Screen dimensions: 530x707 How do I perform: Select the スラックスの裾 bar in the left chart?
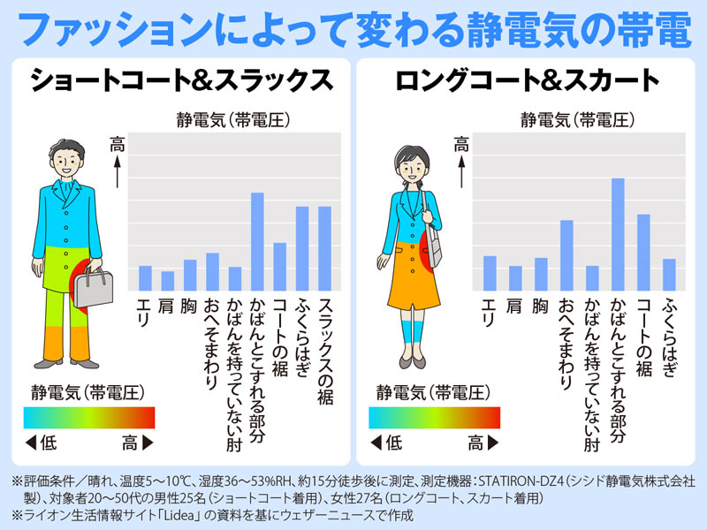(324, 248)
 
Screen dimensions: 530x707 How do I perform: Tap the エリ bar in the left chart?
(145, 278)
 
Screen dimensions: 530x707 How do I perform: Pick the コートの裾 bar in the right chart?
(643, 252)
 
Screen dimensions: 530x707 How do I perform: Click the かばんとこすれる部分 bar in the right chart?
(618, 234)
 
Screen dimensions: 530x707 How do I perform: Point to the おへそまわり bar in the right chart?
(567, 255)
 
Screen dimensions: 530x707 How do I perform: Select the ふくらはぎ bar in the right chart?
(669, 275)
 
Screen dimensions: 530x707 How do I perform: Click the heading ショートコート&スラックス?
(180, 81)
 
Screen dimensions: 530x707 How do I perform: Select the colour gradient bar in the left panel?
(89, 417)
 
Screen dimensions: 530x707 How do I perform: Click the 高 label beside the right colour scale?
(476, 442)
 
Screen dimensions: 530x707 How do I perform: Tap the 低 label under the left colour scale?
(48, 442)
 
